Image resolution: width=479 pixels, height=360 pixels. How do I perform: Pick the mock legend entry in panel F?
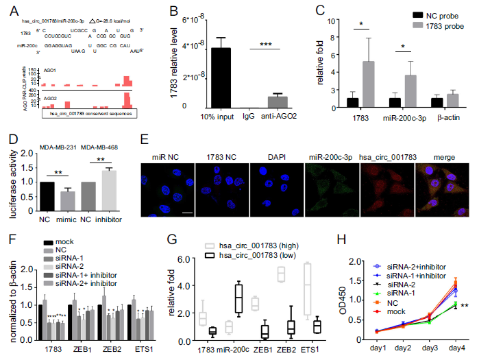click(62, 241)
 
